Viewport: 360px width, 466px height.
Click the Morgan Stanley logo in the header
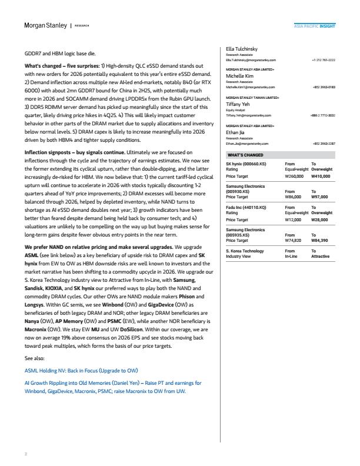pyautogui.click(x=45, y=26)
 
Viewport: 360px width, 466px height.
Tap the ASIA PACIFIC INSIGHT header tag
pyautogui.click(x=315, y=26)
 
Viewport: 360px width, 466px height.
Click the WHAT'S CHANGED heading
pyautogui.click(x=246, y=155)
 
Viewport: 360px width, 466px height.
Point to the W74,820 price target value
pyautogui.click(x=295, y=240)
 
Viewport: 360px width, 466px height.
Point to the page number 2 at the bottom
pyautogui.click(x=25, y=454)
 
